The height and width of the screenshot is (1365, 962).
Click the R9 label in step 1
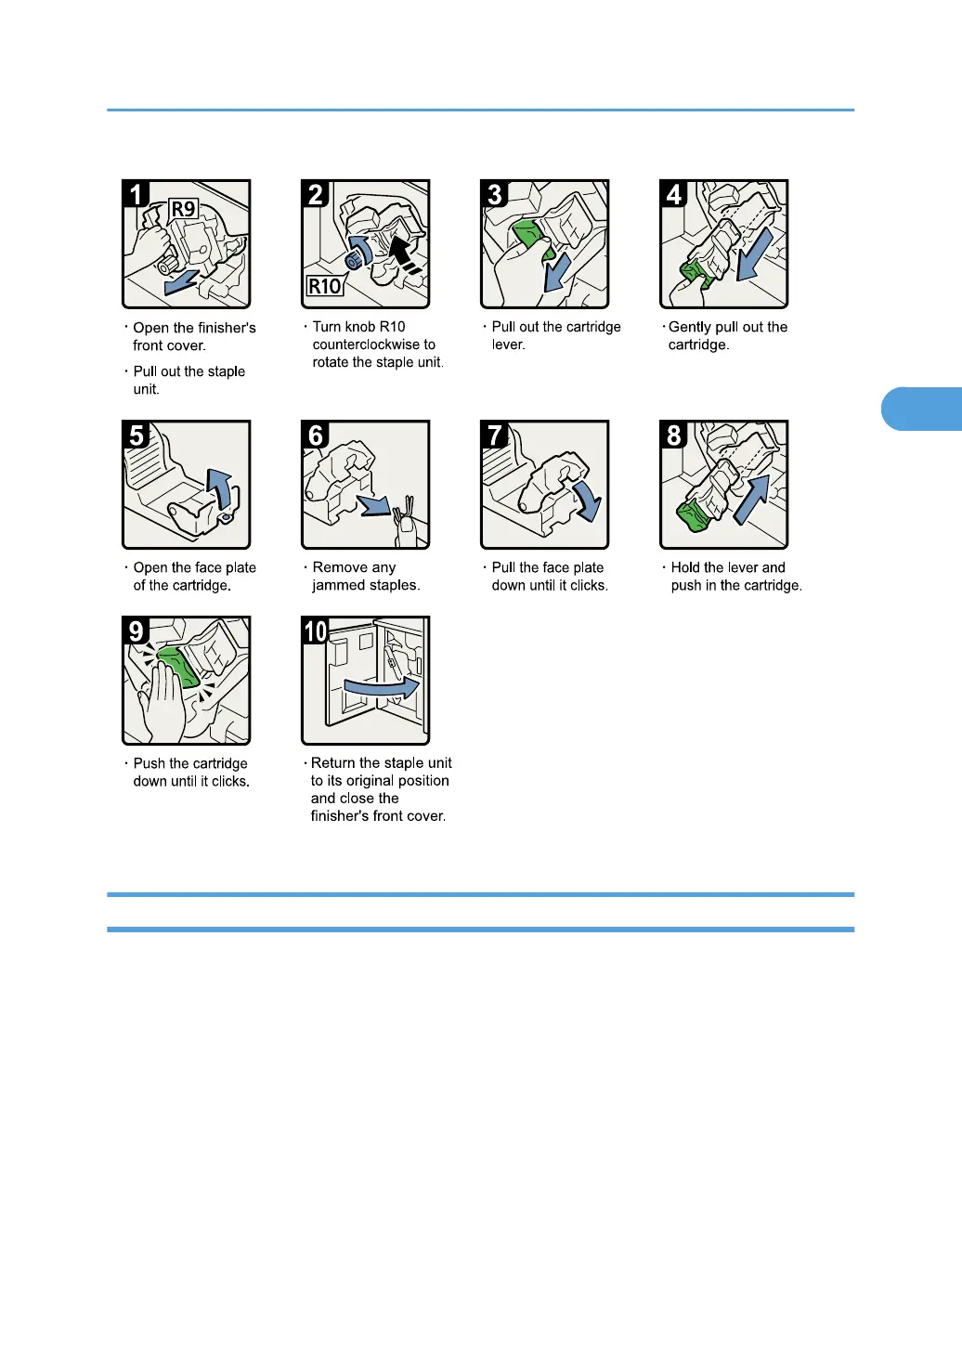183,209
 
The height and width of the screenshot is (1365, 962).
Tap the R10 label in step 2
325,286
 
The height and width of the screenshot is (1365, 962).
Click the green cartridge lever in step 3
531,239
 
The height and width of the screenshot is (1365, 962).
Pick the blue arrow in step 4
754,254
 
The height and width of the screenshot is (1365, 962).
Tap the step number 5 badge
136,435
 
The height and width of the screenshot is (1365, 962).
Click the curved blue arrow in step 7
586,500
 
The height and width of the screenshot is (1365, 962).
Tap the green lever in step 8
695,516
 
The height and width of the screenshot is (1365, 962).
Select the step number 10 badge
316,630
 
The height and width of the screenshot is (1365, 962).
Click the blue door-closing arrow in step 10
382,688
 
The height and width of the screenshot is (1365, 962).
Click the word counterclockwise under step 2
374,344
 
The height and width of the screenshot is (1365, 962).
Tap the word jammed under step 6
337,585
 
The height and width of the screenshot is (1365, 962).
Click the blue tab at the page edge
921,409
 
